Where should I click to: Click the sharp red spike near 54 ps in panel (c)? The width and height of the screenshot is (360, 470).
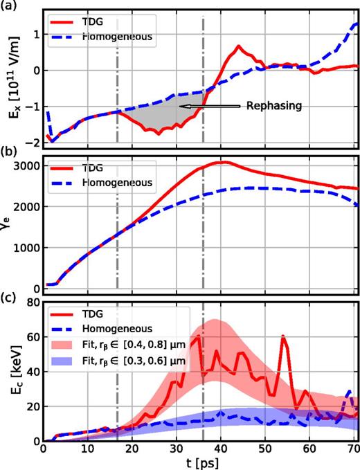283,336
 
